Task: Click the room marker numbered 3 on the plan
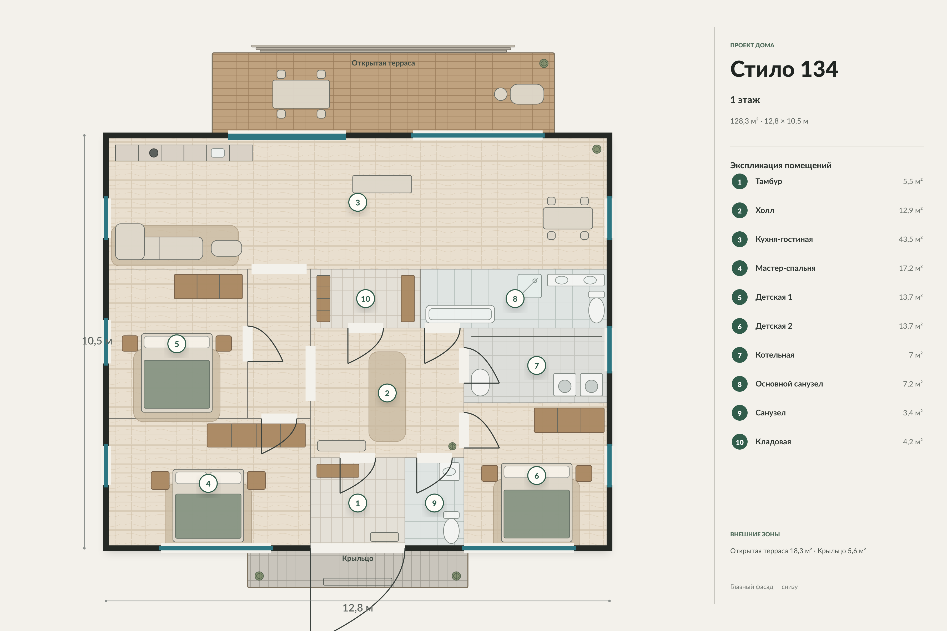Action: click(x=357, y=202)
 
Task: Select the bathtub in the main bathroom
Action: click(x=460, y=314)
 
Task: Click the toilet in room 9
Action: click(x=451, y=527)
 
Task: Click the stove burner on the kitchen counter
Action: click(x=153, y=153)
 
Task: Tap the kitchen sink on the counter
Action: click(x=218, y=153)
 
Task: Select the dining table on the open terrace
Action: click(x=301, y=94)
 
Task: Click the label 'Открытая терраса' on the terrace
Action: click(x=383, y=63)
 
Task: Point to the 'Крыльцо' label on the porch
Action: click(x=357, y=558)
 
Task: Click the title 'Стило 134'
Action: click(x=784, y=69)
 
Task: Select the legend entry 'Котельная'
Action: click(x=775, y=355)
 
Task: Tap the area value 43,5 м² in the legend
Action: click(x=910, y=239)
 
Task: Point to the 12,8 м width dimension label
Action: click(x=357, y=608)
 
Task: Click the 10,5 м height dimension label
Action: click(x=97, y=341)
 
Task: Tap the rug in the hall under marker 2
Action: click(x=387, y=396)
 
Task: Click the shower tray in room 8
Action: click(x=530, y=286)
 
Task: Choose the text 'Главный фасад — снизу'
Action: click(x=764, y=587)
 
